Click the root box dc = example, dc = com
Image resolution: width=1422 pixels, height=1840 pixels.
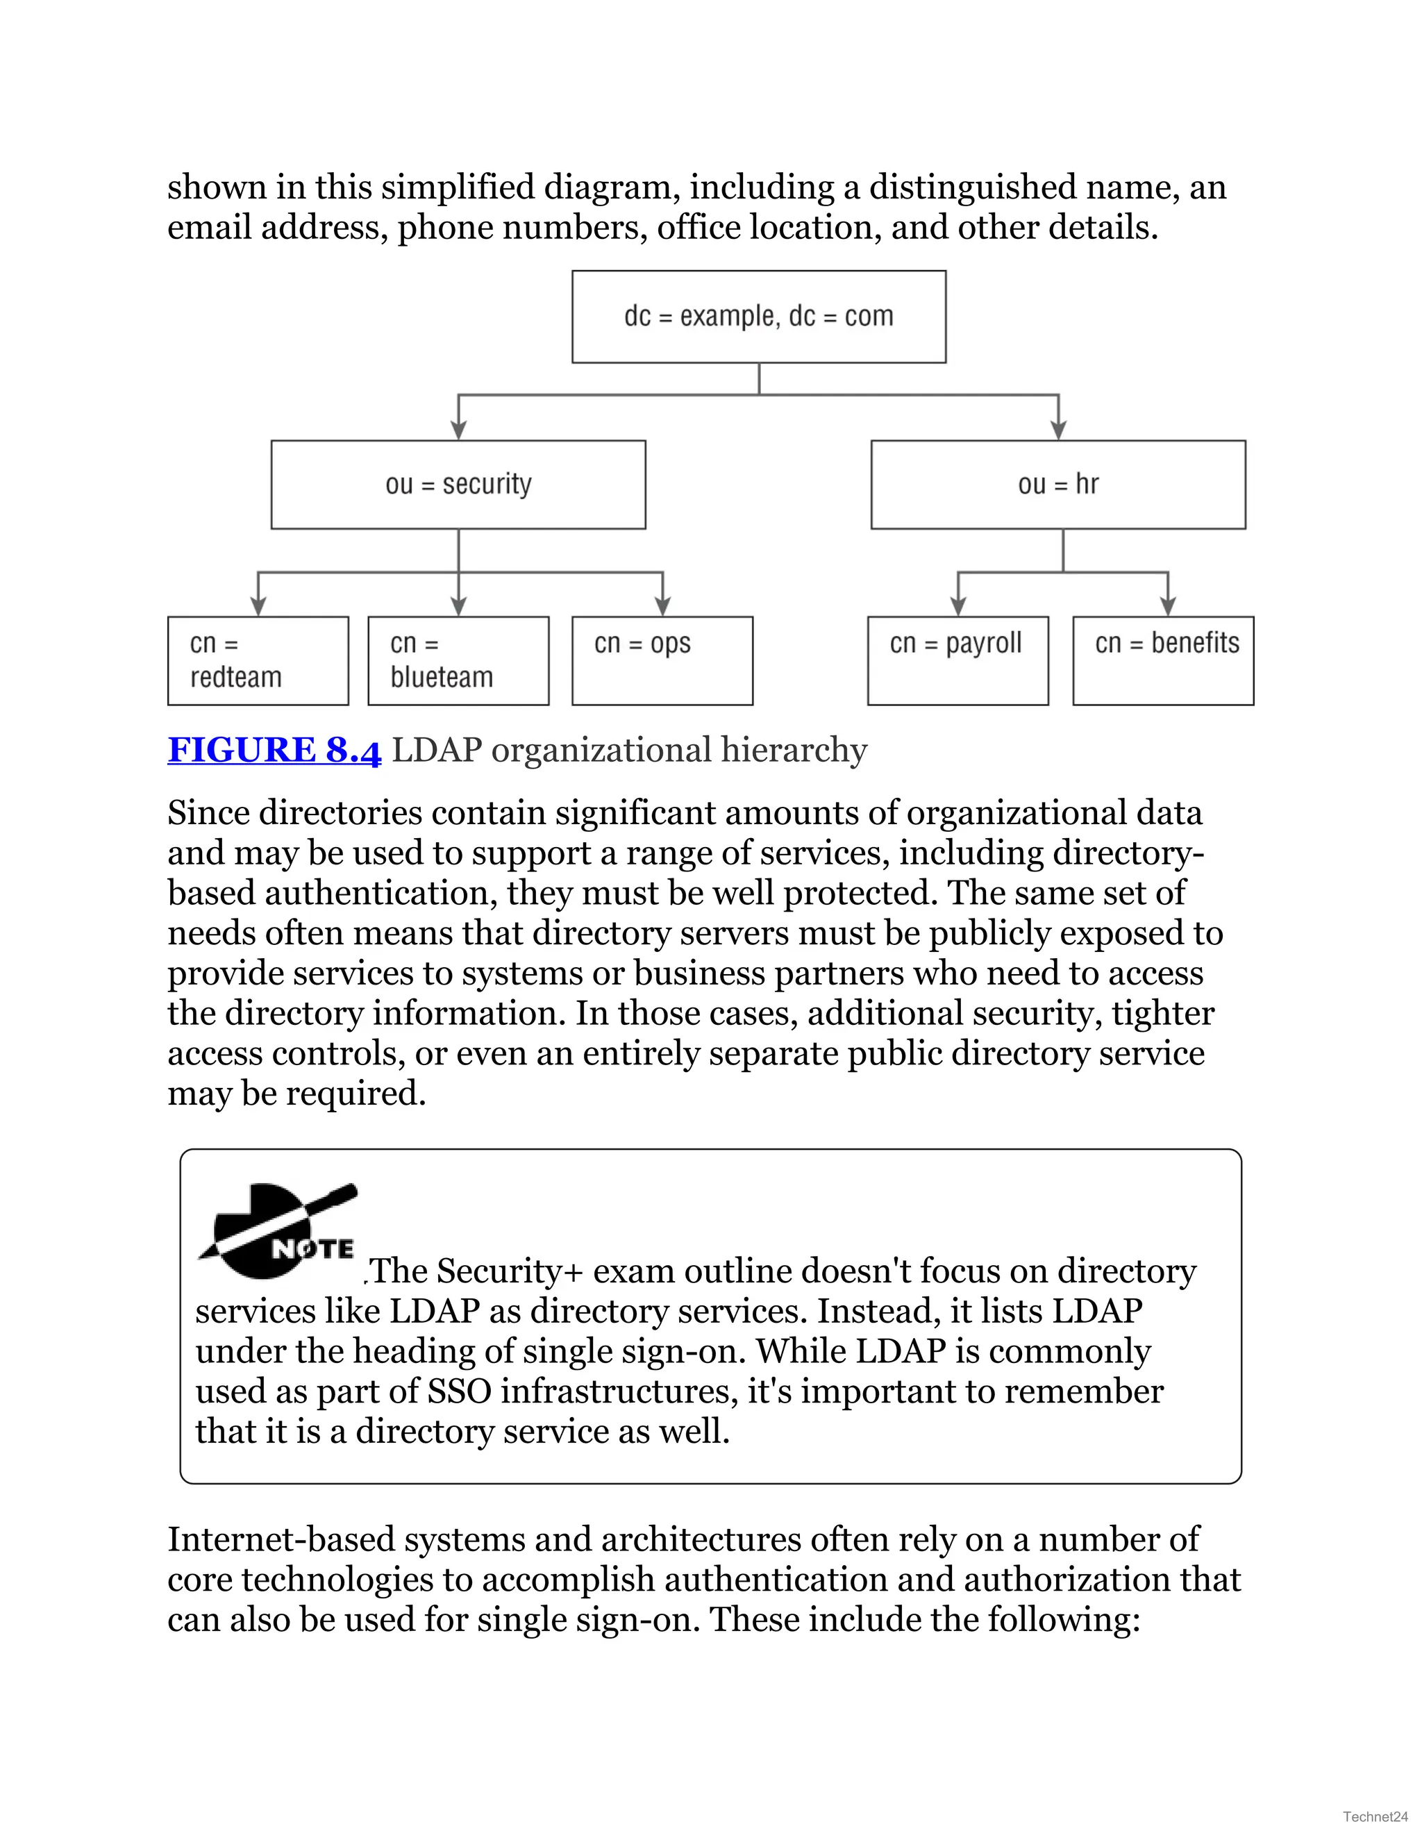(x=758, y=317)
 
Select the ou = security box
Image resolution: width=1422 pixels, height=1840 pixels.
(x=458, y=485)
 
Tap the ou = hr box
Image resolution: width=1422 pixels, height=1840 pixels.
(x=1058, y=485)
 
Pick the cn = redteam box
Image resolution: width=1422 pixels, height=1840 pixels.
(x=258, y=660)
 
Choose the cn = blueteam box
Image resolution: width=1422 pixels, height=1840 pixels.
(x=458, y=660)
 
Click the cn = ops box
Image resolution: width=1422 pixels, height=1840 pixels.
(x=662, y=660)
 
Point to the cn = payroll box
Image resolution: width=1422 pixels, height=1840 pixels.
(x=957, y=660)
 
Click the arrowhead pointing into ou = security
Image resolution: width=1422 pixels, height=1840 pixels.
(x=458, y=430)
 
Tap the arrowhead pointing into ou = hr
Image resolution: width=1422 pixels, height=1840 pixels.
(x=1059, y=430)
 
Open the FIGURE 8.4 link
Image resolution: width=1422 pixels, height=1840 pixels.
(x=274, y=750)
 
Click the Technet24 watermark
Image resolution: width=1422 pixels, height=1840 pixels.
(x=1375, y=1816)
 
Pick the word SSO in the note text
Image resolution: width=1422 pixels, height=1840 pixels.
(x=459, y=1391)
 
